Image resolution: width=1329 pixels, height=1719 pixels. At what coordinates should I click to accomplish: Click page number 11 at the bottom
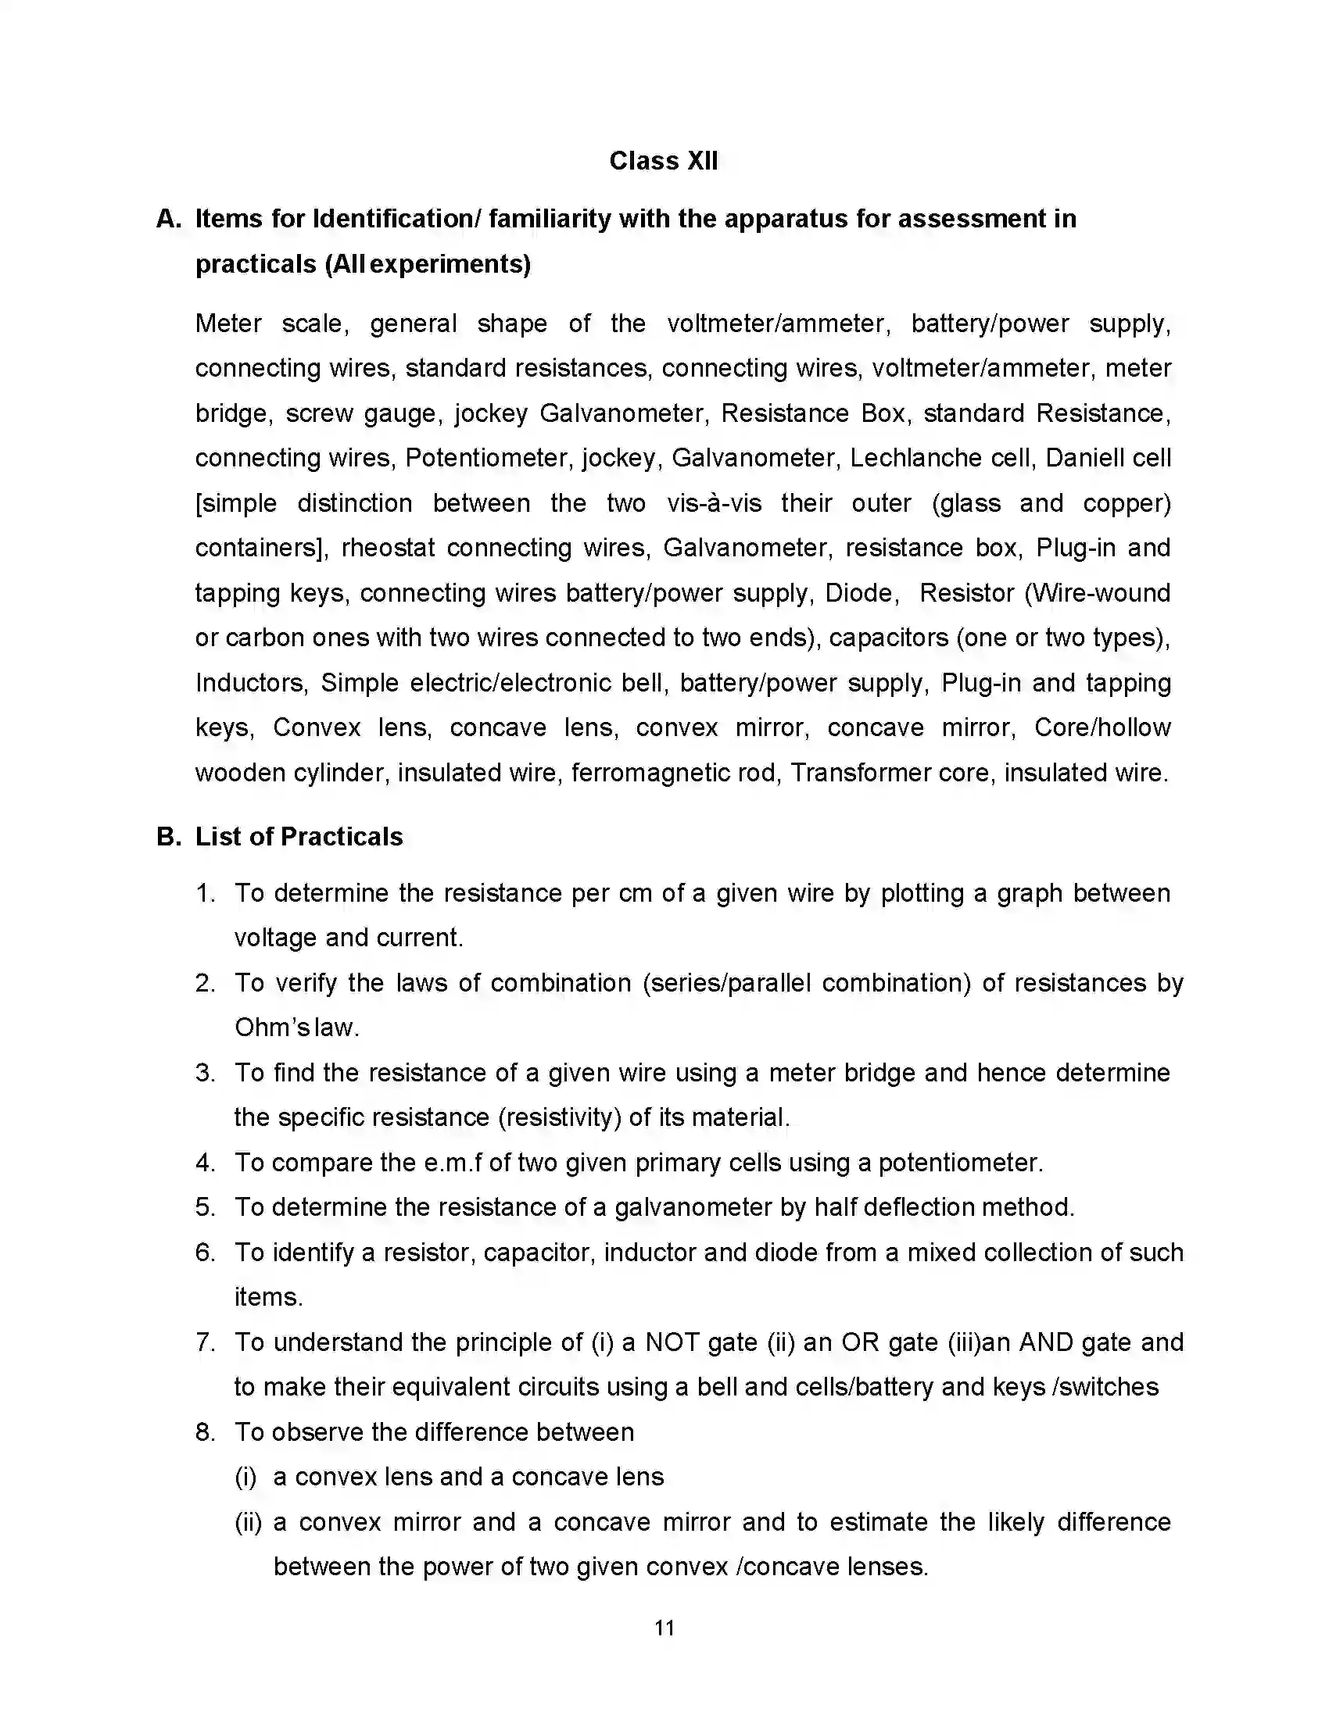(x=664, y=1628)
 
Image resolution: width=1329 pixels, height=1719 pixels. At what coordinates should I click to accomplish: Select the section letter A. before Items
(x=170, y=219)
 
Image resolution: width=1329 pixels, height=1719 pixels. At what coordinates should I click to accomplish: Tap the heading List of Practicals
(x=299, y=837)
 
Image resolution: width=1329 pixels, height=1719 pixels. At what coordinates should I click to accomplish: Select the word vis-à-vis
(x=714, y=503)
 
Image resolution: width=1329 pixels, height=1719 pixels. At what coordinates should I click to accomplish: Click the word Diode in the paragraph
(x=861, y=593)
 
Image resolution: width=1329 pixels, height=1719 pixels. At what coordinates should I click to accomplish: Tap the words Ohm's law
(x=296, y=1028)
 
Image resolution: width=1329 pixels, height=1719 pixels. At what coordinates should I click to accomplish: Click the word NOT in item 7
(x=672, y=1342)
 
